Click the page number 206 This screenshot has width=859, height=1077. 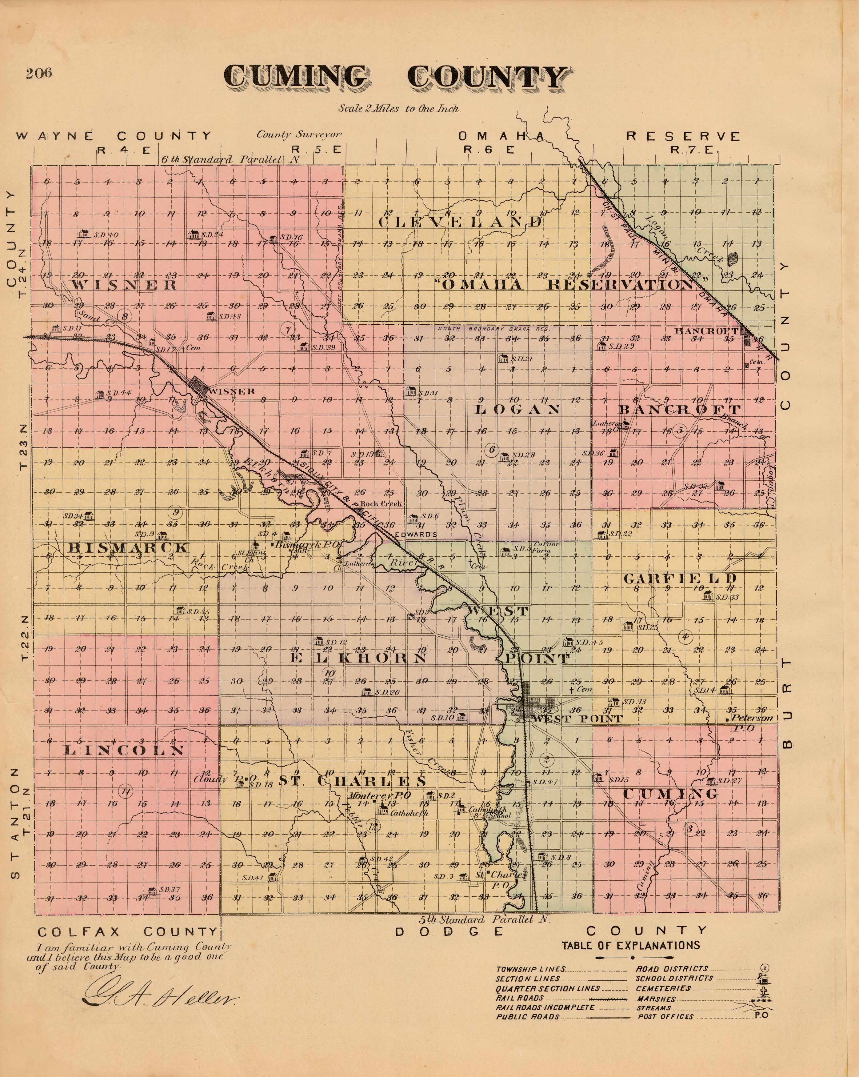(x=39, y=73)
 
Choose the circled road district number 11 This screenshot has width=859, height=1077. (x=126, y=791)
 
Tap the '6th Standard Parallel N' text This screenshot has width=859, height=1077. (x=232, y=160)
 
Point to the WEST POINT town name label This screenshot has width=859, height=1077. (x=577, y=719)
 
